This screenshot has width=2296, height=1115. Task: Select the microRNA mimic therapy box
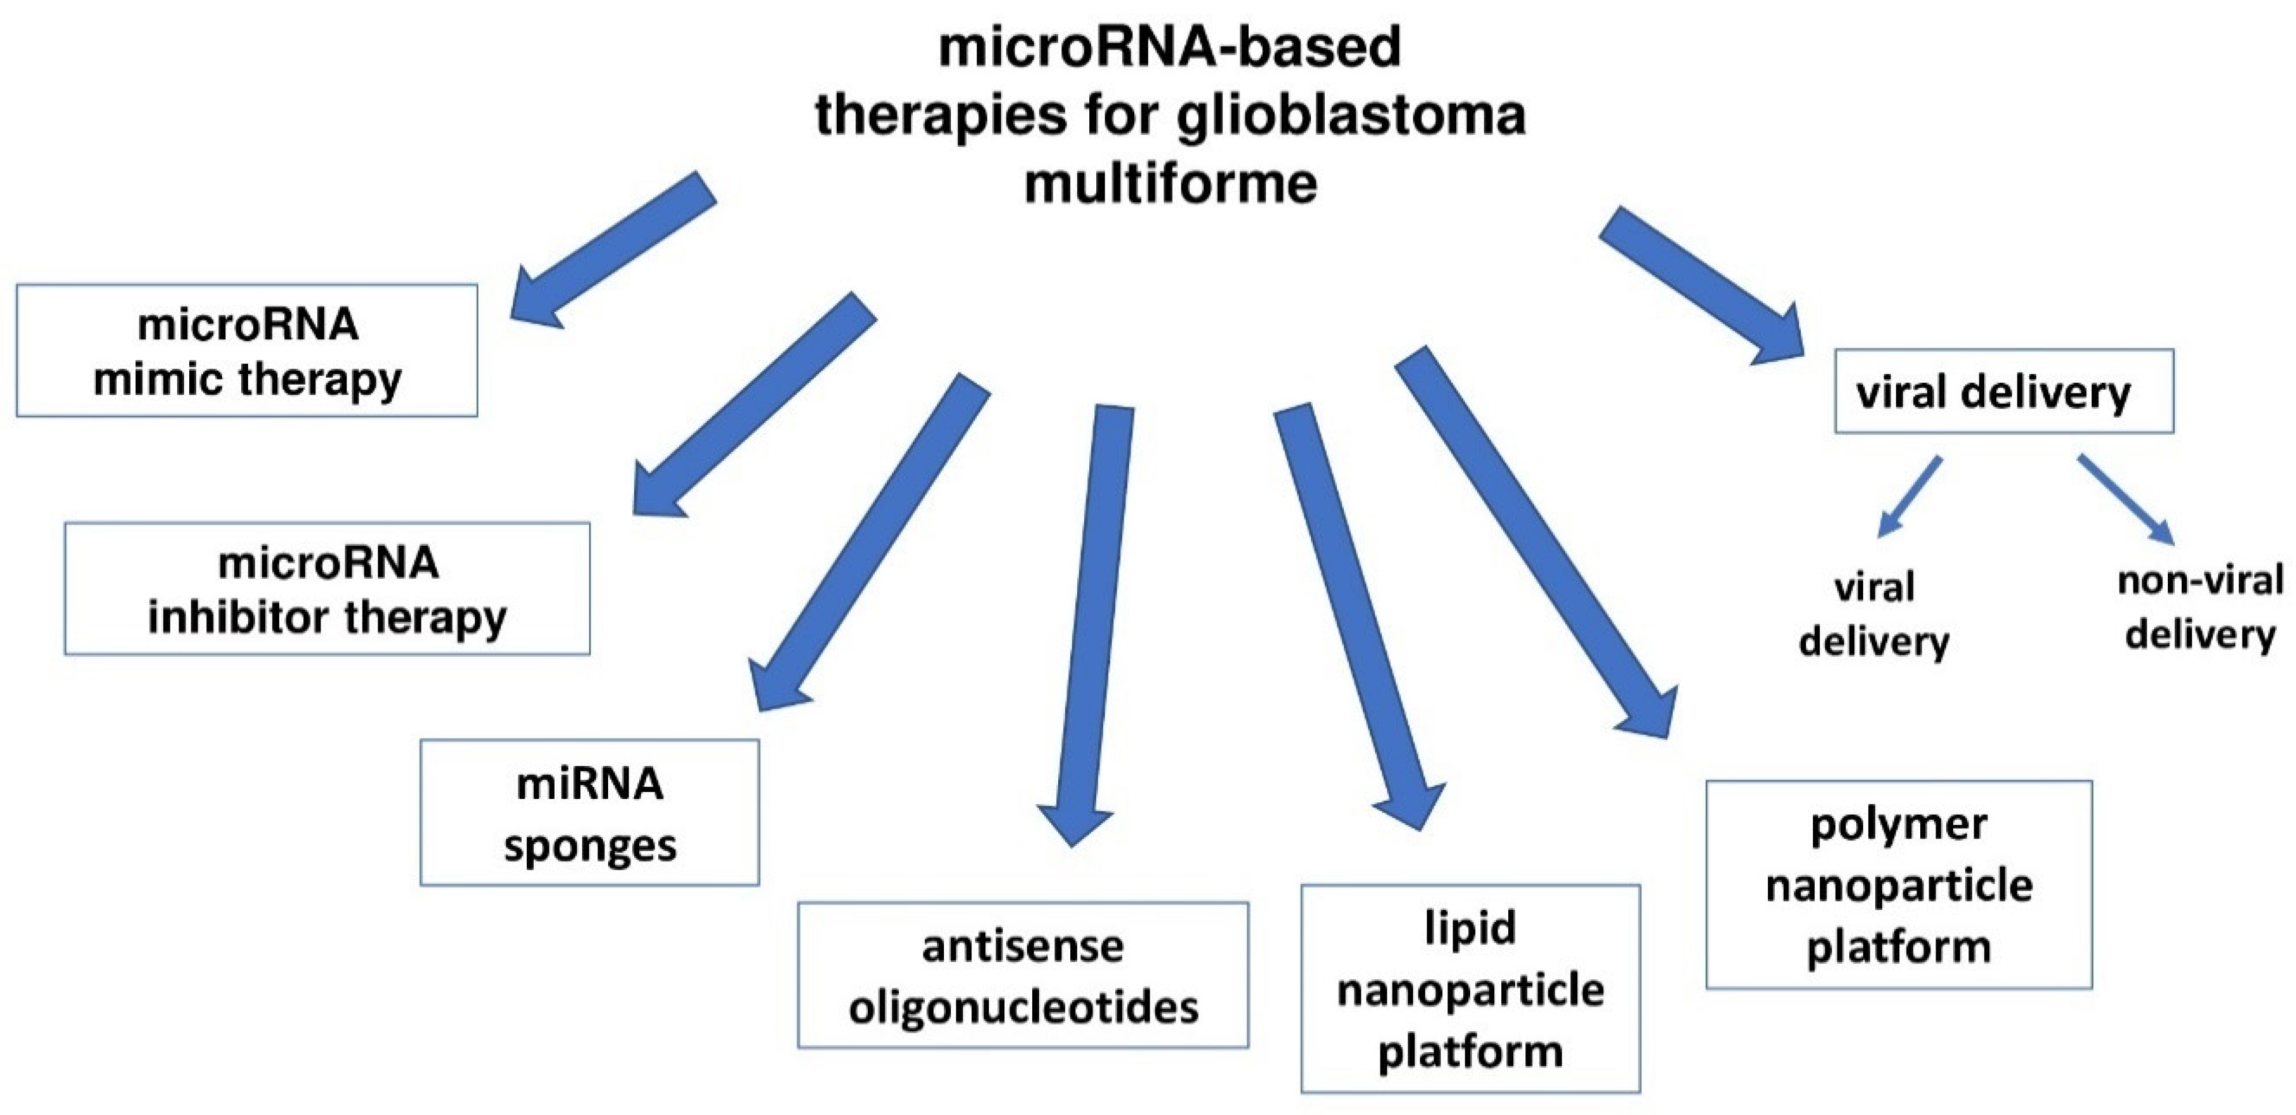[x=247, y=350]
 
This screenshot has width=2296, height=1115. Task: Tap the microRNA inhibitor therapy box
[x=327, y=589]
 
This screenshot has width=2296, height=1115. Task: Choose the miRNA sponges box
[x=589, y=812]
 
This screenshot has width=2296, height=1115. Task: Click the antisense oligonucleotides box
[x=1023, y=975]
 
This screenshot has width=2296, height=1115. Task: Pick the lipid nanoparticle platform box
[x=1470, y=989]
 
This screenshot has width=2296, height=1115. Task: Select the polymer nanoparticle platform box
[x=1899, y=885]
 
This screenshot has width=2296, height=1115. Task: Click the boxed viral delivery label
[x=2003, y=392]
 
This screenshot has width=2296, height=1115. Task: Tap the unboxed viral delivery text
[x=1873, y=614]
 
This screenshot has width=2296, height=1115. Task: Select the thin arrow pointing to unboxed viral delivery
[x=1910, y=496]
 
